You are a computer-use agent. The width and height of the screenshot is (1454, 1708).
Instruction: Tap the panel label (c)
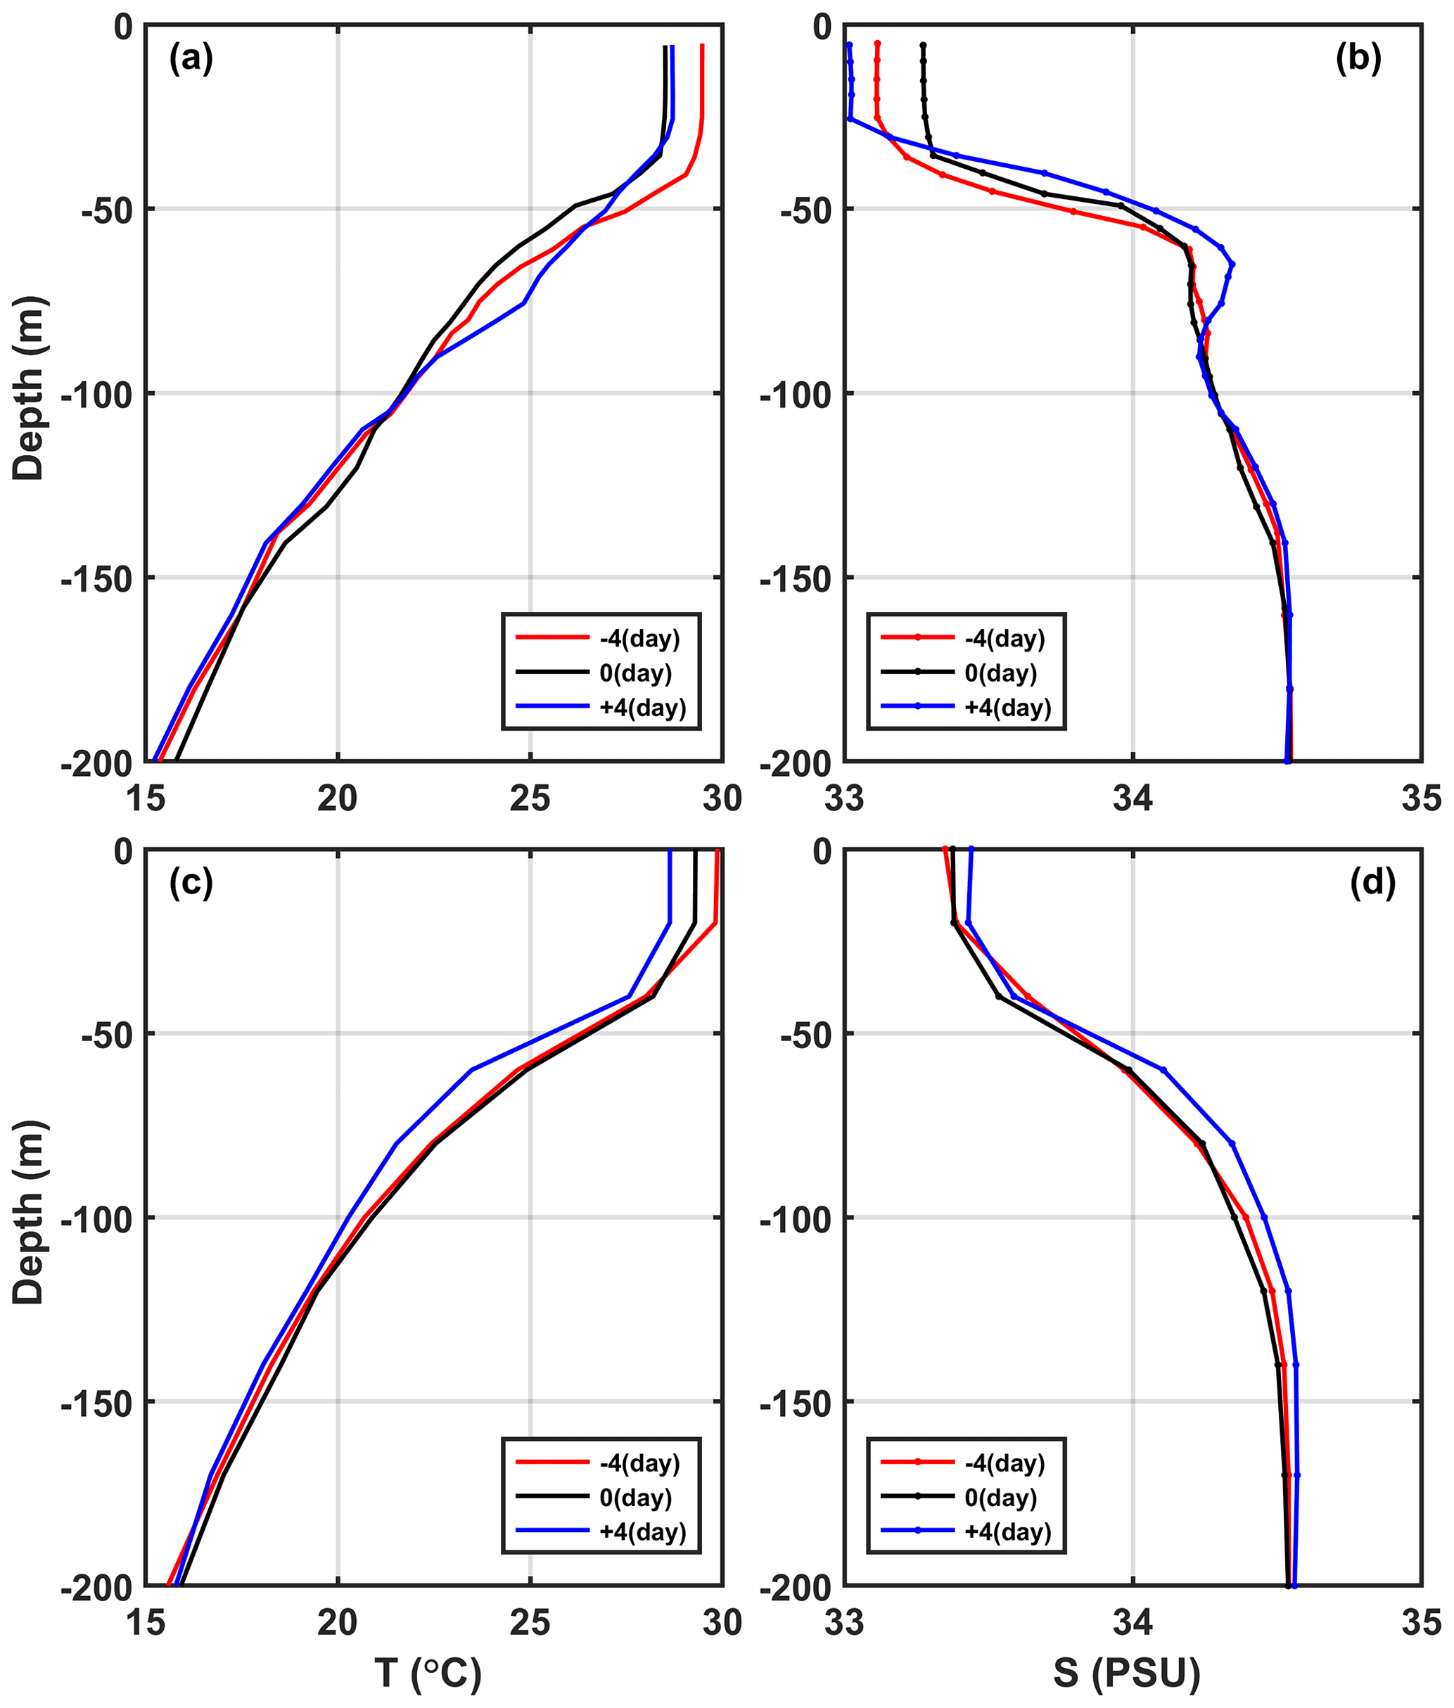pyautogui.click(x=191, y=883)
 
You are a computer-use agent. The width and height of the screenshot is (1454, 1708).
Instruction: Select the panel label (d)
pyautogui.click(x=1373, y=883)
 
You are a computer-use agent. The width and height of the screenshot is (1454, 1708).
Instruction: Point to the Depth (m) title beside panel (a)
pyautogui.click(x=30, y=388)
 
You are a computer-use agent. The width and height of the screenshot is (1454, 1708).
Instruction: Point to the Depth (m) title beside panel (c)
pyautogui.click(x=30, y=1212)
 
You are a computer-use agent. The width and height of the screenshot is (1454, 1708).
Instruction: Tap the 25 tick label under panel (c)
pyautogui.click(x=530, y=1621)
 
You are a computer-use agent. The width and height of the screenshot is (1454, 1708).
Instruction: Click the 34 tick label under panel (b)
pyautogui.click(x=1133, y=797)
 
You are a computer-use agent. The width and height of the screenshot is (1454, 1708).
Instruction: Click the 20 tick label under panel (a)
pyautogui.click(x=337, y=797)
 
